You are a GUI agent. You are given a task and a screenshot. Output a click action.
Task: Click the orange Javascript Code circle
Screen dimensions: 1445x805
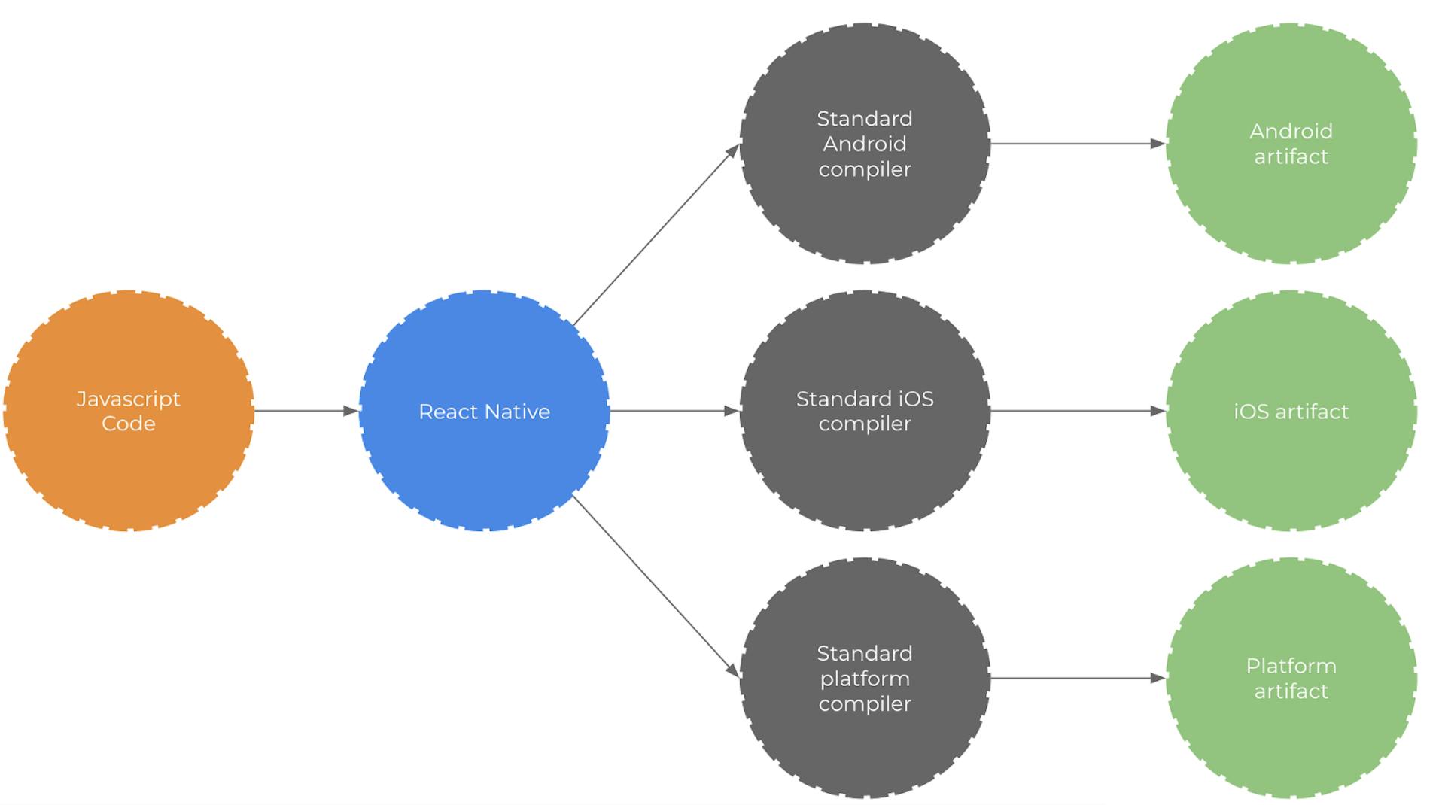point(129,411)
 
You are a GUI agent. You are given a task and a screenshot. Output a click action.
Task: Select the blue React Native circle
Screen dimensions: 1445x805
point(484,411)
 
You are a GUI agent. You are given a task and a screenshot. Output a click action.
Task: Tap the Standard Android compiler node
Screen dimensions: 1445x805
point(865,144)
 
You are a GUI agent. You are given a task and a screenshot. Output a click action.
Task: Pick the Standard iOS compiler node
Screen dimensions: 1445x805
point(865,411)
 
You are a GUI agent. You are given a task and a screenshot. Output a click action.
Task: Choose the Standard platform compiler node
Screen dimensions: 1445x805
point(865,678)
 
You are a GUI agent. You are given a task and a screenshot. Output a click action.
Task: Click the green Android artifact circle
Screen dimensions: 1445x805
point(1291,144)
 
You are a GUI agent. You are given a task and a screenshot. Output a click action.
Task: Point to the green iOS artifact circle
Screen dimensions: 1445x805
point(1291,411)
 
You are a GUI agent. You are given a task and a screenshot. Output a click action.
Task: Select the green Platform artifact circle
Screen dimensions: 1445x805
point(1291,678)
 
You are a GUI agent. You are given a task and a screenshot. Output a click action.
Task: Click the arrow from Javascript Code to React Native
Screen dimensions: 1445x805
point(306,411)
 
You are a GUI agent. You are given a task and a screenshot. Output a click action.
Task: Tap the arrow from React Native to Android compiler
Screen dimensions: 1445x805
point(656,235)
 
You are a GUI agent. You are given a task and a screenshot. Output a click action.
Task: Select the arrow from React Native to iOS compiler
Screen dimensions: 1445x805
point(674,411)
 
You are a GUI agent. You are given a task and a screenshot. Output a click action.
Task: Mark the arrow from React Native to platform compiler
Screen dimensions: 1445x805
point(656,587)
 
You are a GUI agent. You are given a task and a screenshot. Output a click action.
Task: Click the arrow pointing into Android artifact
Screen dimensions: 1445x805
point(1078,144)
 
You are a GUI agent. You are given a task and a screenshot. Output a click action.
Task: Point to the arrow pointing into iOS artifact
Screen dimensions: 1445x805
point(1078,411)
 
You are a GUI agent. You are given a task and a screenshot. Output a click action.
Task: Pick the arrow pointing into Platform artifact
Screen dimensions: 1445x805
point(1078,678)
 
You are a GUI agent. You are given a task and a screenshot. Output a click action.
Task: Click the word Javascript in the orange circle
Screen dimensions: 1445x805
point(129,399)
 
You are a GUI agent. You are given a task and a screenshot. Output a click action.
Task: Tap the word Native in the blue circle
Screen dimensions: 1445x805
point(518,412)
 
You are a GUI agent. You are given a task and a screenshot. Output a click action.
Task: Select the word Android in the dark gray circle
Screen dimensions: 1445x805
point(865,144)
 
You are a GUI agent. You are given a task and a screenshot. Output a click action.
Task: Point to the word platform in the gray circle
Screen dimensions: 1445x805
point(865,679)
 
